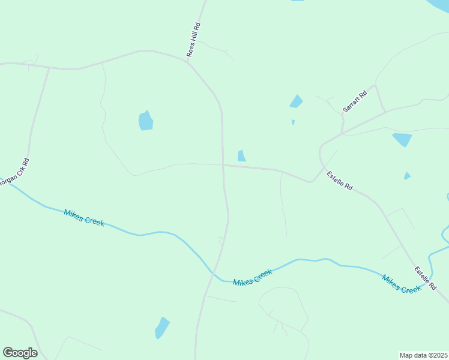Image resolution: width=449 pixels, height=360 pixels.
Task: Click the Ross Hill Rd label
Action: point(193,40)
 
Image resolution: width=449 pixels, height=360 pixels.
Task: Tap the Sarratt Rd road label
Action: point(354,102)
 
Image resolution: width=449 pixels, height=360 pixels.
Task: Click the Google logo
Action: point(20,353)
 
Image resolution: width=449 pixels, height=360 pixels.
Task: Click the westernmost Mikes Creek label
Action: point(83,217)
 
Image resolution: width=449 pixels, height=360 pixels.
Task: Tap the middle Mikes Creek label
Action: point(253,277)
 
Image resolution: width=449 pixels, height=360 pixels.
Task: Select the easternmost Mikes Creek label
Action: point(402,283)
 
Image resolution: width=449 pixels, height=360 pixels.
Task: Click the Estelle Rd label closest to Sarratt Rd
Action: point(339,181)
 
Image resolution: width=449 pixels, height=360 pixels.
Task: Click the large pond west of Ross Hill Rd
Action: point(146,121)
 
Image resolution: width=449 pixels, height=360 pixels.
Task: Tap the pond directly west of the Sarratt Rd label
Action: point(296,101)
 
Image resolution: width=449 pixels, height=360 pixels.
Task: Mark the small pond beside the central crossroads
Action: point(241,156)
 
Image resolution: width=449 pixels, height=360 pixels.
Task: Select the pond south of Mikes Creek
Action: point(162,328)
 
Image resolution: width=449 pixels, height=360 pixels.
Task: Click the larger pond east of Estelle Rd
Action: point(402,140)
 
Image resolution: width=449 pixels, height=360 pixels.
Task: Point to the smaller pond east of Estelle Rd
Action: point(407,176)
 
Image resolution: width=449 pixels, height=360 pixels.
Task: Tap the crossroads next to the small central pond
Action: point(223,165)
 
